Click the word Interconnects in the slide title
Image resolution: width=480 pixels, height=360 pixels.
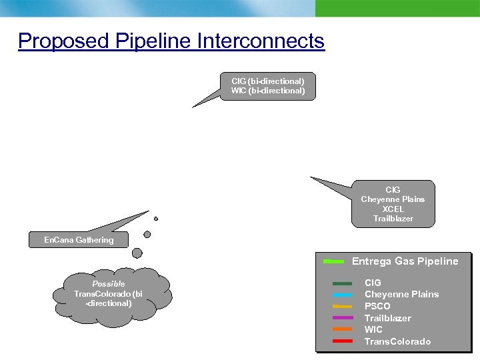click(261, 41)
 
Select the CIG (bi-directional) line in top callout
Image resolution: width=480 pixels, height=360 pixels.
click(267, 81)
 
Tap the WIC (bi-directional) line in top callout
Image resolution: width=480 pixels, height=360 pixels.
click(267, 91)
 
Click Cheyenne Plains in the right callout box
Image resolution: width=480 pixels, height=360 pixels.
click(393, 199)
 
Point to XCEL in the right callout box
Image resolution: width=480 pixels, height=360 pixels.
click(393, 209)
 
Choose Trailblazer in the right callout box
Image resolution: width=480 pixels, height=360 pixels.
click(393, 219)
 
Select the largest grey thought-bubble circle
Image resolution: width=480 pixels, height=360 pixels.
click(137, 253)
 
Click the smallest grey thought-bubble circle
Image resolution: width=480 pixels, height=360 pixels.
click(156, 219)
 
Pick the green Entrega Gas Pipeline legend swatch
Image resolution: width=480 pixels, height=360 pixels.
click(333, 261)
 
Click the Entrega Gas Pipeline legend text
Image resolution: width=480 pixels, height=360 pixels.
click(405, 261)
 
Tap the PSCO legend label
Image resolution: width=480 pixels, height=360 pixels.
click(377, 306)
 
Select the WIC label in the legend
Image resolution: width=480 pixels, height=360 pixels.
click(373, 329)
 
